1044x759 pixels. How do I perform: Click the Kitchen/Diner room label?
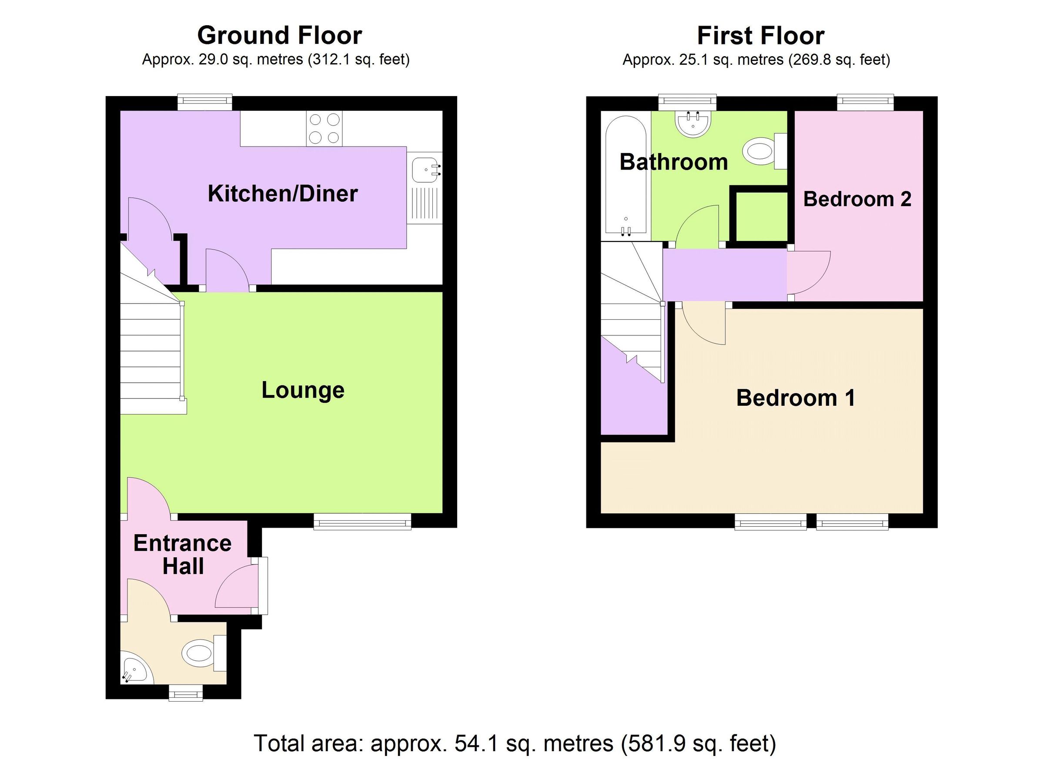tap(282, 193)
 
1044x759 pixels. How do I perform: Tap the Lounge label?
tap(303, 390)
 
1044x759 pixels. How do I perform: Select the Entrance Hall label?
tap(183, 555)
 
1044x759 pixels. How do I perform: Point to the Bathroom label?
tap(673, 162)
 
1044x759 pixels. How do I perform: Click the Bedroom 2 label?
tap(857, 199)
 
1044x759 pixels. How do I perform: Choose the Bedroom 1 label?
tap(796, 398)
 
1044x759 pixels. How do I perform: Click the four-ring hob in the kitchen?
tap(325, 128)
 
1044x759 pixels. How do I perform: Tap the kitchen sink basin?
tap(425, 170)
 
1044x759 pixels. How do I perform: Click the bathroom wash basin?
tap(693, 124)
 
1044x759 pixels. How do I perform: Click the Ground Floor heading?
tap(279, 35)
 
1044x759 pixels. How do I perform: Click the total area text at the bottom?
tap(515, 743)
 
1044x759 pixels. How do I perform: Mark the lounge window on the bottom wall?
tap(362, 522)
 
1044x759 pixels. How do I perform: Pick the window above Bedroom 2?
tap(865, 102)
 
